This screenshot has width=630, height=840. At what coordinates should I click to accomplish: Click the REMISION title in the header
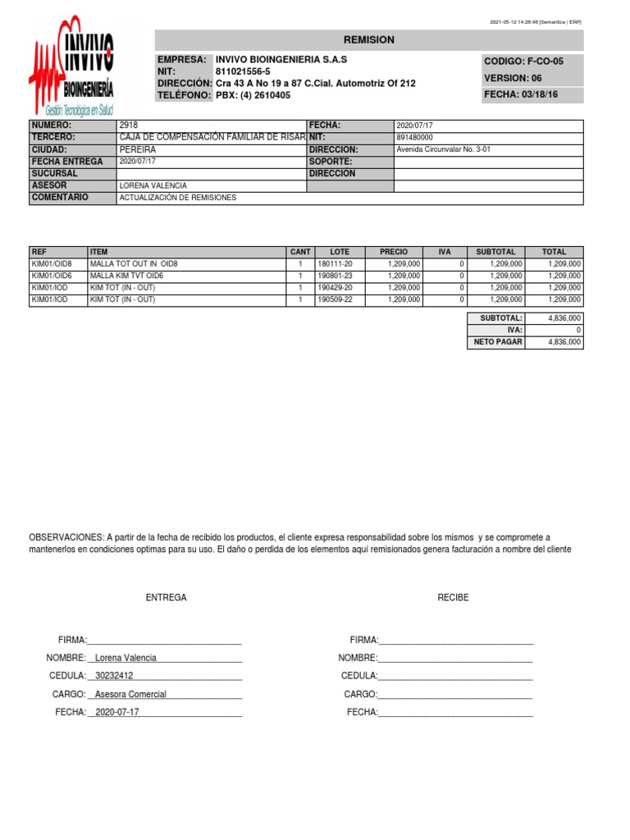[368, 40]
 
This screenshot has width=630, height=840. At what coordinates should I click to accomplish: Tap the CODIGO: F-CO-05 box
[533, 62]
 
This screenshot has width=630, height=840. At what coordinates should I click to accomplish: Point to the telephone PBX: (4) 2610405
[253, 95]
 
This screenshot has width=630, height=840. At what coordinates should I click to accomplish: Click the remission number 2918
[128, 126]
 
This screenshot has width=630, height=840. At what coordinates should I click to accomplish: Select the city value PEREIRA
[137, 150]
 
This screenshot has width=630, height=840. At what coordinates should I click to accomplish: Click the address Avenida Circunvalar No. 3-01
[443, 150]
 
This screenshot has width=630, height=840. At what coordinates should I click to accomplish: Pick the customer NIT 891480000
[415, 138]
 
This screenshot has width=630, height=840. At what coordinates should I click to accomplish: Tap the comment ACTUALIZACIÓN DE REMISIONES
[178, 199]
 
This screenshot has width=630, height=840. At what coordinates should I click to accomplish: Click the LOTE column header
[339, 252]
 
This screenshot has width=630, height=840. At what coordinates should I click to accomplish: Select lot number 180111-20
[334, 264]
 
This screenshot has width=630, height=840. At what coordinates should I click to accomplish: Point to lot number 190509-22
[334, 300]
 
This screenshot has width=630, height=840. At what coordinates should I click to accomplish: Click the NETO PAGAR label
[496, 342]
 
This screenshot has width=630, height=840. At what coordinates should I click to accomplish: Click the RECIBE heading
[453, 598]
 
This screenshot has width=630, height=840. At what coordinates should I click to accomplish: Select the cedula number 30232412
[115, 676]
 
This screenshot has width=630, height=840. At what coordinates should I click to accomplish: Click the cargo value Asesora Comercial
[130, 694]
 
